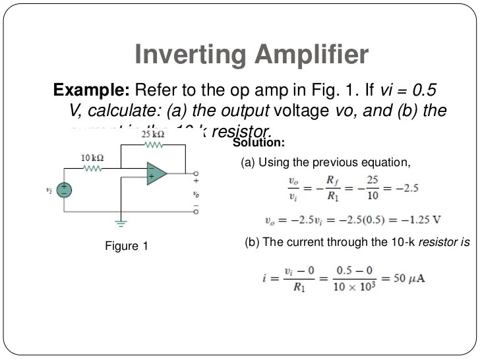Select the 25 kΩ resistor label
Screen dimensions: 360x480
pos(153,134)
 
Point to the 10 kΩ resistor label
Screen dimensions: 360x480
pos(92,158)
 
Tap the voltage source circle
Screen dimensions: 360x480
pos(64,189)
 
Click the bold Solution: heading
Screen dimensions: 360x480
pos(259,143)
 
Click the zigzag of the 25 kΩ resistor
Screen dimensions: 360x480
pos(154,144)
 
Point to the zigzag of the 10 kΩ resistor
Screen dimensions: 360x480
pos(92,168)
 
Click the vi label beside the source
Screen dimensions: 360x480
pos(49,190)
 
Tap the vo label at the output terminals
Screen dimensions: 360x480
pos(195,195)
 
